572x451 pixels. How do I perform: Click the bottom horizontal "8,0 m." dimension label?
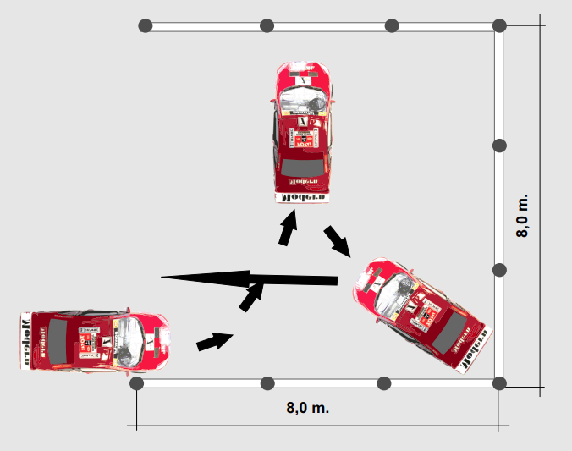coord(307,407)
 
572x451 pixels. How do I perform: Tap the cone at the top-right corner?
coord(499,26)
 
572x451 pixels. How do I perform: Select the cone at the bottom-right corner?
coord(499,383)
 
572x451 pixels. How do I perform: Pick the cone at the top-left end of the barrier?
coord(146,26)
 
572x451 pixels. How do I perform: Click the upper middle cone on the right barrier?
coord(499,146)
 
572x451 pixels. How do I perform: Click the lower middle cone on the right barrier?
coord(499,270)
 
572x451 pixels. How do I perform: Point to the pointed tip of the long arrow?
coord(163,276)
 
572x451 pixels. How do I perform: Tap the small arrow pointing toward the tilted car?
coord(337,240)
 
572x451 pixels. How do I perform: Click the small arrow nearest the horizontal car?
coord(215,341)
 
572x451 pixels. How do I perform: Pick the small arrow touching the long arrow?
coord(251,296)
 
